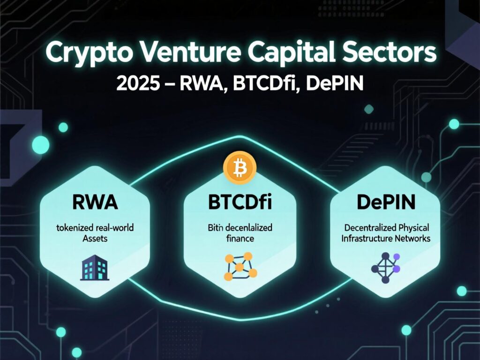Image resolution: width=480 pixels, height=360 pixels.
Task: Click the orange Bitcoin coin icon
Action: pos(239,168)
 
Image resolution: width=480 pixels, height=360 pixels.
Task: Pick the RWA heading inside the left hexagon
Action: pos(95,203)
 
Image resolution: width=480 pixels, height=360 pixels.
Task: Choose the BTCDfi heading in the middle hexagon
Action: pos(239,203)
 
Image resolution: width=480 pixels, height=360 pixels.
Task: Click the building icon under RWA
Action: pos(95,268)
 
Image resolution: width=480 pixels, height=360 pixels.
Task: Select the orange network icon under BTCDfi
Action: pos(240,268)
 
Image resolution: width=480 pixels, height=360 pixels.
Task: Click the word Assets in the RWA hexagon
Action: pos(95,239)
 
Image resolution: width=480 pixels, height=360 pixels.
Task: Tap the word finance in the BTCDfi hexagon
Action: pos(240,239)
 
